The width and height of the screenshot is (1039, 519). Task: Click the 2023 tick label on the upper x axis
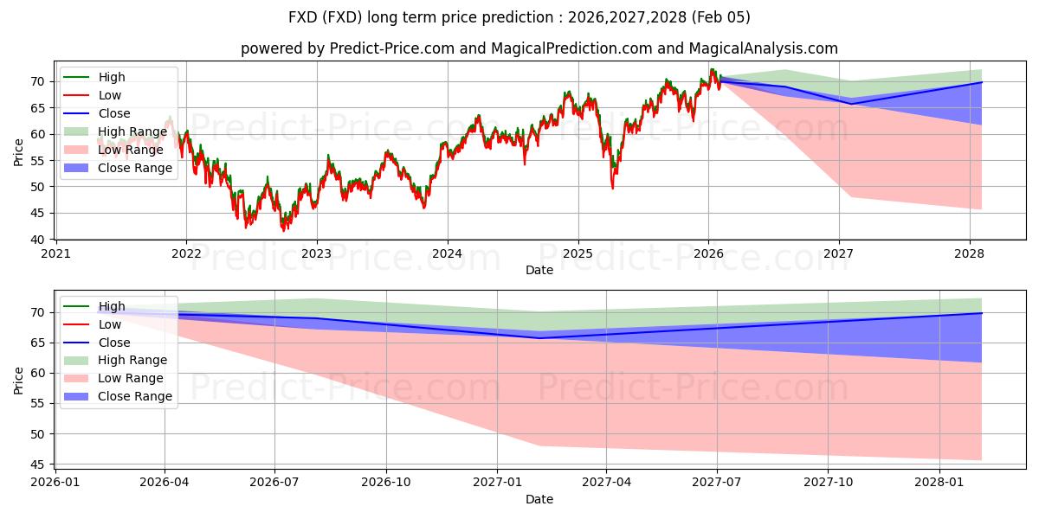(316, 253)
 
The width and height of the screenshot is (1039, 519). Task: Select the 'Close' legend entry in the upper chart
(114, 113)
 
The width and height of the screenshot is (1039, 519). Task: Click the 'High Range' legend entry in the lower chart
(132, 360)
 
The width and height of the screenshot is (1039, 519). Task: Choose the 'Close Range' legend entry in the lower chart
(135, 396)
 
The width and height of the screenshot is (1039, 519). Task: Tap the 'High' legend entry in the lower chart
(112, 306)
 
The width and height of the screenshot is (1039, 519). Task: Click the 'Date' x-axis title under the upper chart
(539, 271)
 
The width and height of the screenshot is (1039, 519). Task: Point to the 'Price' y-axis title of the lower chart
(19, 381)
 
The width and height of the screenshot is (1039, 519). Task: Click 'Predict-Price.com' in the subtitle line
(392, 48)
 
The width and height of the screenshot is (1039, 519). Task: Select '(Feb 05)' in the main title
(720, 17)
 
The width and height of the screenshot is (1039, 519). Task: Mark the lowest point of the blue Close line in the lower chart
(539, 337)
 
